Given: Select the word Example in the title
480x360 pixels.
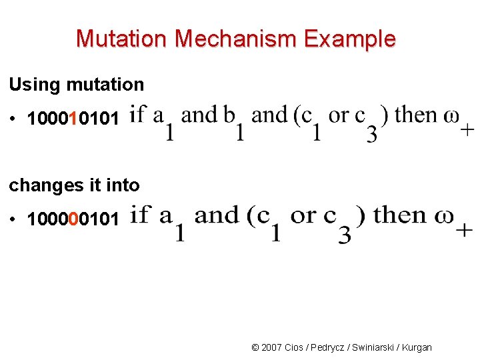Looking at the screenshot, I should click(x=350, y=39).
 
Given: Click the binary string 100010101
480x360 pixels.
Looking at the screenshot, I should click(x=73, y=119).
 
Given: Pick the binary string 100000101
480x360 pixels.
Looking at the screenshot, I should click(x=73, y=218).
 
